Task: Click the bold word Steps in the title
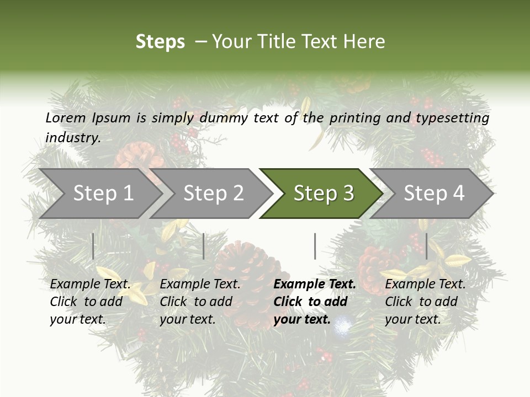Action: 160,42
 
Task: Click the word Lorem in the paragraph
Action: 65,117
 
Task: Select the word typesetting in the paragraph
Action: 456,118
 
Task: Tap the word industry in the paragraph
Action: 72,138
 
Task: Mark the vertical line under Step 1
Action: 93,246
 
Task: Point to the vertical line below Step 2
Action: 204,246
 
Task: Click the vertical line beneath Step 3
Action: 315,246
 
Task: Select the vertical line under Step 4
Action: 426,246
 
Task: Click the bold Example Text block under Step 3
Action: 314,302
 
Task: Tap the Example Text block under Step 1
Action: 90,302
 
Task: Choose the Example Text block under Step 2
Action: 200,302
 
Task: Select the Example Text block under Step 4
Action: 425,302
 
